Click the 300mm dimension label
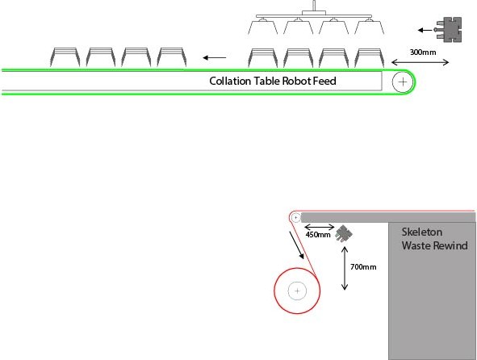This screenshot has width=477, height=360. pyautogui.click(x=423, y=52)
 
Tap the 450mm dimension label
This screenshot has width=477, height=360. pyautogui.click(x=318, y=235)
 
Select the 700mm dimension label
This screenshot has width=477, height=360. pyautogui.click(x=363, y=267)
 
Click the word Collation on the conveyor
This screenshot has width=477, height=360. pyautogui.click(x=230, y=81)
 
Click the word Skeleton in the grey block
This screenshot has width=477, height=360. pyautogui.click(x=422, y=232)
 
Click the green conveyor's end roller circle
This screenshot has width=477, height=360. pyautogui.click(x=403, y=82)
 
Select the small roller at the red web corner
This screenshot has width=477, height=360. pyautogui.click(x=295, y=218)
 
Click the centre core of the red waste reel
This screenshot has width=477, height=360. pyautogui.click(x=297, y=291)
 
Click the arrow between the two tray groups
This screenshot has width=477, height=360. pyautogui.click(x=215, y=57)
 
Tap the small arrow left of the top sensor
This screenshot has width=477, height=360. pyautogui.click(x=425, y=30)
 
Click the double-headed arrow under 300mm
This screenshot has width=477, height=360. pyautogui.click(x=421, y=63)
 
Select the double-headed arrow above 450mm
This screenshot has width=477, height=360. pyautogui.click(x=320, y=227)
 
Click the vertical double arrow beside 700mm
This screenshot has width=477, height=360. pyautogui.click(x=345, y=268)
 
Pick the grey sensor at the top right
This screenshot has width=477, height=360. pyautogui.click(x=448, y=30)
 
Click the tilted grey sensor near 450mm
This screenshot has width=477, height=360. pyautogui.click(x=344, y=234)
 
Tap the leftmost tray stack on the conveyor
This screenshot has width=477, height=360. pyautogui.click(x=65, y=57)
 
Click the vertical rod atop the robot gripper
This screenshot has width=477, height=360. pyautogui.click(x=314, y=6)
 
